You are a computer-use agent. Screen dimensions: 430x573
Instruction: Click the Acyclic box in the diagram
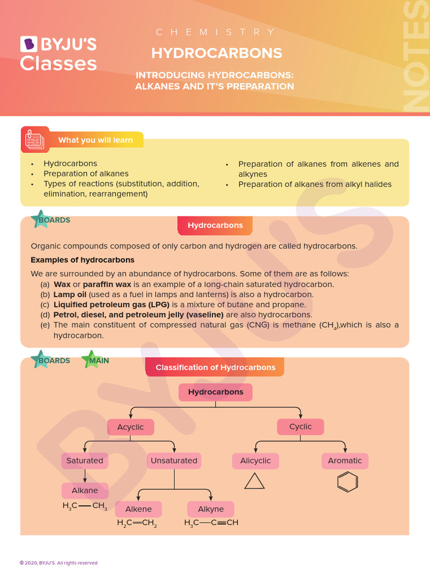click(x=130, y=427)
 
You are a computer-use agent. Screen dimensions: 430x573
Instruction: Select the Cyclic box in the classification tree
click(x=301, y=427)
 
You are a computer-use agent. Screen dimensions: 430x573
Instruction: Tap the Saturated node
click(x=85, y=461)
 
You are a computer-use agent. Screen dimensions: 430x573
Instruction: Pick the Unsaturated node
click(x=174, y=461)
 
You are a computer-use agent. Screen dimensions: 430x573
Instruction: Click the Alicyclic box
click(x=255, y=461)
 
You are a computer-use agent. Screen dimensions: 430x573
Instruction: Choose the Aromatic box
click(x=345, y=461)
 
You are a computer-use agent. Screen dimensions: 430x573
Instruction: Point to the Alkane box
click(x=85, y=491)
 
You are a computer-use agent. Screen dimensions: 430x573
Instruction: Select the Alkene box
click(x=138, y=509)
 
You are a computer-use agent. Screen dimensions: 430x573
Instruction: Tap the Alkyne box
click(x=211, y=509)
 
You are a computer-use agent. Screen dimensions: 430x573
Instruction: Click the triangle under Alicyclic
click(x=255, y=482)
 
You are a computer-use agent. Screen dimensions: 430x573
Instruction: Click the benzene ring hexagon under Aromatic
click(x=348, y=482)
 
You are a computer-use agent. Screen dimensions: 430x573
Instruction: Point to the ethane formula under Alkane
click(x=85, y=506)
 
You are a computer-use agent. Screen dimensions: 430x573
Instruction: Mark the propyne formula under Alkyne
click(x=211, y=523)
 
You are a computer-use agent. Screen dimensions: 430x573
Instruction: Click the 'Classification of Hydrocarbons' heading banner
click(x=215, y=368)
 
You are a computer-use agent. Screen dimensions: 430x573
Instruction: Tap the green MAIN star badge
click(x=96, y=360)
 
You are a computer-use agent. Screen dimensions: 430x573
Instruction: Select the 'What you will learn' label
click(x=95, y=140)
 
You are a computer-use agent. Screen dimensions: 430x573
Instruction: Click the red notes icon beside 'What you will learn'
click(x=35, y=140)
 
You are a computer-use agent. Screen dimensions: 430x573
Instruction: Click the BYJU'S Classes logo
click(x=58, y=54)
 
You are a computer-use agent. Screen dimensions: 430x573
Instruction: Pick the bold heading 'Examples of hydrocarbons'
click(x=82, y=260)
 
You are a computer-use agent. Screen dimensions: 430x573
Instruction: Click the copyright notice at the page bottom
click(x=58, y=563)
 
